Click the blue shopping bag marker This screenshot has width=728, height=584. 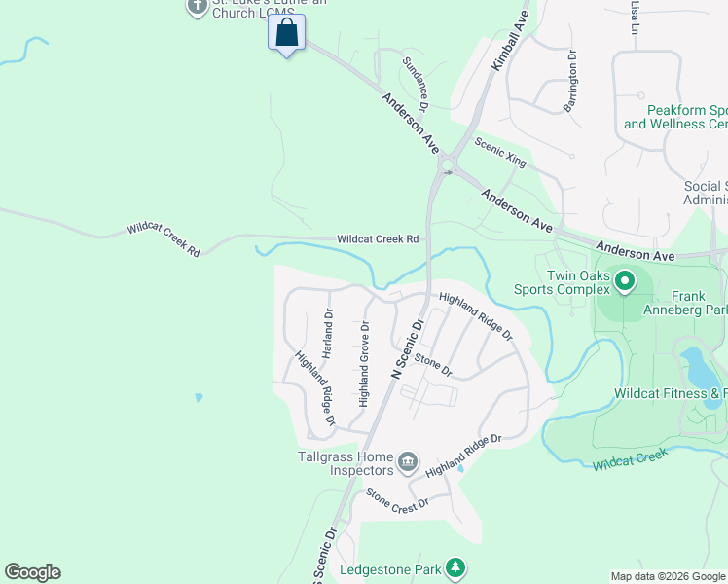click(287, 33)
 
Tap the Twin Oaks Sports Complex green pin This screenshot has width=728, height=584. click(624, 283)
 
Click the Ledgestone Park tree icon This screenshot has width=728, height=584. click(454, 567)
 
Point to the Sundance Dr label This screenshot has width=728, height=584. click(416, 83)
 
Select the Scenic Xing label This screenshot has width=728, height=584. click(500, 153)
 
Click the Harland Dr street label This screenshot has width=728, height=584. click(328, 334)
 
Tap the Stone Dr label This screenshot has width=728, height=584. click(434, 366)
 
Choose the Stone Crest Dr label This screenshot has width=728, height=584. click(397, 500)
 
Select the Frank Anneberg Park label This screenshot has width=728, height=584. click(699, 303)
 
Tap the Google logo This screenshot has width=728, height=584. click(32, 572)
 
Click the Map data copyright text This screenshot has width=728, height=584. click(668, 576)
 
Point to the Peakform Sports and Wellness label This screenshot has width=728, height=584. click(675, 118)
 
